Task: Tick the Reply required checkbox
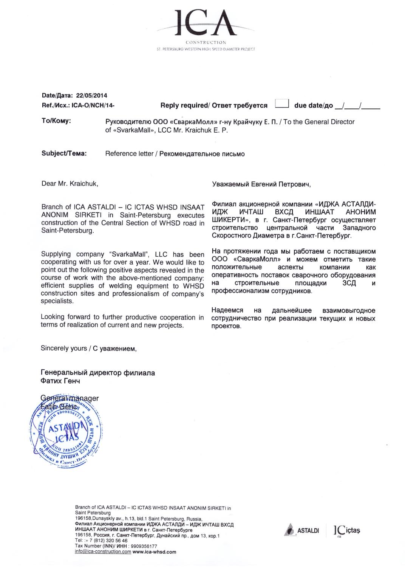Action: pos(282,104)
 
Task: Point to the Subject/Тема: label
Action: pos(64,153)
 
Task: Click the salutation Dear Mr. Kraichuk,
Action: pos(70,184)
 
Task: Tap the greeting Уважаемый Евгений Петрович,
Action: pos(261,184)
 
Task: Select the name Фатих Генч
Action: pos(60,381)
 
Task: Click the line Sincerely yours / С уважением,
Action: pos(88,348)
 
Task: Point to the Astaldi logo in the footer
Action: pos(302,530)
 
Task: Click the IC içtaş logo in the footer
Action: pos(347,530)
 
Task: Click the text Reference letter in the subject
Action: pos(129,154)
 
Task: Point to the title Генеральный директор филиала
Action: pos(97,373)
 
